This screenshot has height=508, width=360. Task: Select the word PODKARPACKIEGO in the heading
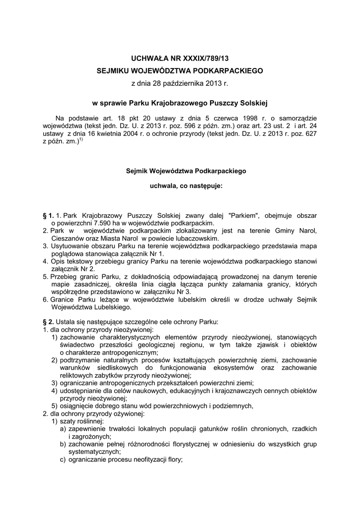228,71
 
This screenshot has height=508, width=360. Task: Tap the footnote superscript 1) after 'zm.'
81,140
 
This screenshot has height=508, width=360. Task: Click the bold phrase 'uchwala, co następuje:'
180,186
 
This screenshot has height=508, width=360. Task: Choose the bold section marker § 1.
48,216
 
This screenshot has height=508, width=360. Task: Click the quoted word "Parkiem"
244,216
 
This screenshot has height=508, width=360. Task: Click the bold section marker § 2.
48,321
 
